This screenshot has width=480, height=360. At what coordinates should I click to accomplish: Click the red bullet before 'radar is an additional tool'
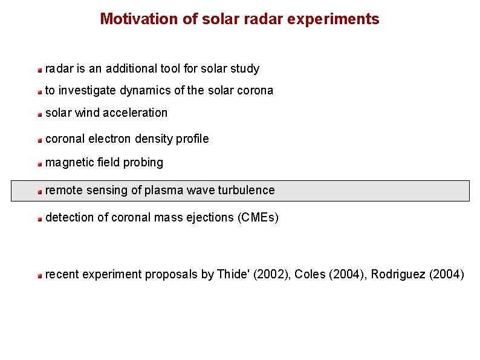click(39, 70)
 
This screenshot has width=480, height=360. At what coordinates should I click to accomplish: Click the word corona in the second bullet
click(256, 91)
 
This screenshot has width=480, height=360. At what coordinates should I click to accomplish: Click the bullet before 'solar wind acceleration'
click(39, 114)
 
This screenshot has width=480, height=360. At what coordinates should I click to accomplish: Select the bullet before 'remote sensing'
click(39, 192)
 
